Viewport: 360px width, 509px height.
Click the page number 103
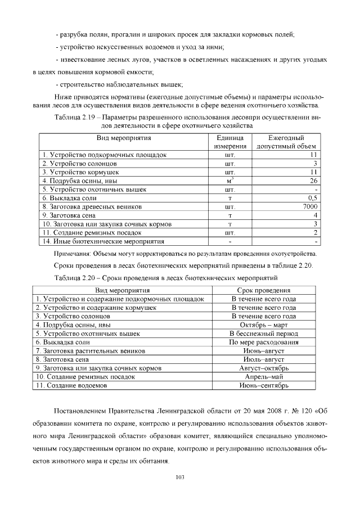click(180, 478)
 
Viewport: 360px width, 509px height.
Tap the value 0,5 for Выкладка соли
click(313, 198)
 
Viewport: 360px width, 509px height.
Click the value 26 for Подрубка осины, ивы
click(314, 181)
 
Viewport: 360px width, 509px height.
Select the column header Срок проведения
click(264, 290)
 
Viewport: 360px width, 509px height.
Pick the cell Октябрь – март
click(264, 325)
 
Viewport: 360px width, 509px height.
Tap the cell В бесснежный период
click(264, 334)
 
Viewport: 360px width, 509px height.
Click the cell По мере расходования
click(264, 342)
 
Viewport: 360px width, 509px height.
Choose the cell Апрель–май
click(264, 377)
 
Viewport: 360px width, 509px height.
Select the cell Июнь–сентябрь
click(264, 386)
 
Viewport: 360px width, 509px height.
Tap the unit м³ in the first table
click(229, 181)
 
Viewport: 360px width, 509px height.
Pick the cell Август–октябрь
click(264, 368)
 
